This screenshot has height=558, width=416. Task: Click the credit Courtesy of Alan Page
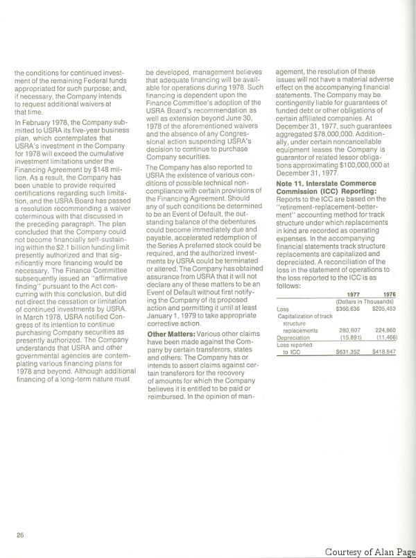click(x=369, y=551)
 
